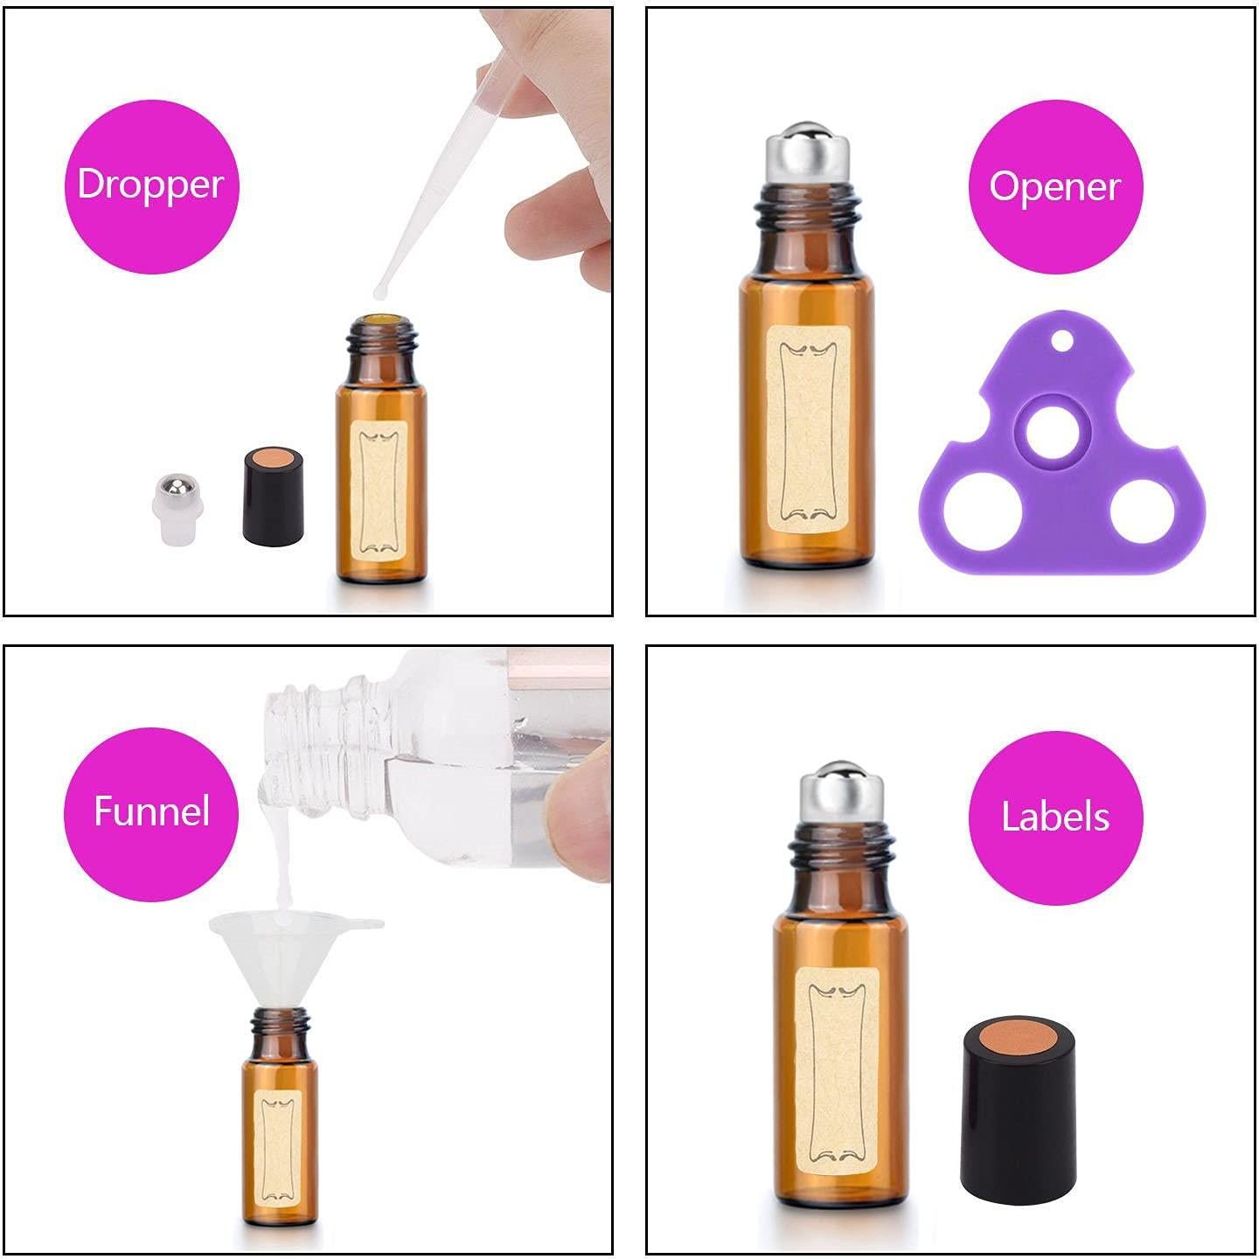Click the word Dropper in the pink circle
click(150, 184)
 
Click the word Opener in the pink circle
click(1054, 186)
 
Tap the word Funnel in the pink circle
click(151, 811)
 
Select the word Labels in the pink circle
click(1054, 817)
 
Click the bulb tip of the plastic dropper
click(382, 289)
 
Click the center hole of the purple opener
click(1052, 435)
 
